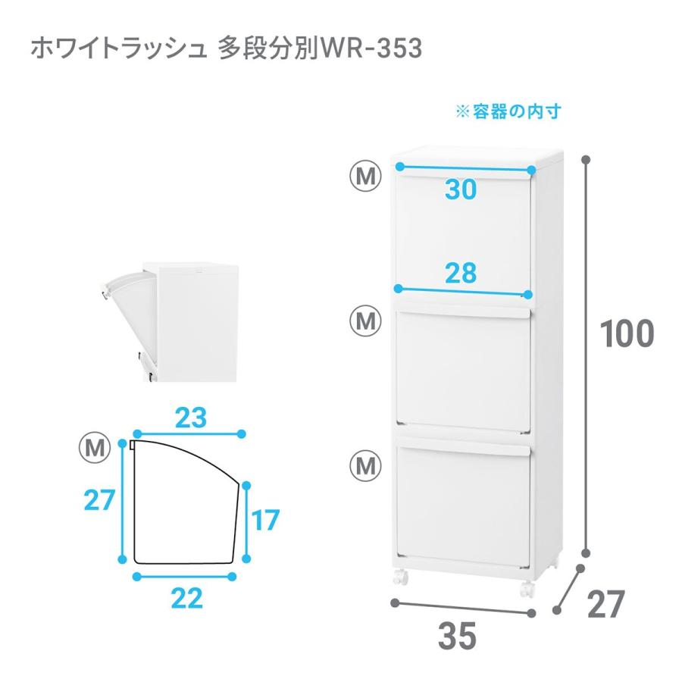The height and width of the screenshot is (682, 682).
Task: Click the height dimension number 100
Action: tap(627, 334)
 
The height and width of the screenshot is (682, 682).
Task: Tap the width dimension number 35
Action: tap(457, 637)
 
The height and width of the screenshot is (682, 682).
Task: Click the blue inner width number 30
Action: tap(461, 190)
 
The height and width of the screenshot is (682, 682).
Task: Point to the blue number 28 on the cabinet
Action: tap(461, 273)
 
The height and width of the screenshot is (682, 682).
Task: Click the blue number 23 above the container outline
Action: tap(191, 417)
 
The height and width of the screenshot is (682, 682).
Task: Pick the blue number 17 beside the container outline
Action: tap(265, 521)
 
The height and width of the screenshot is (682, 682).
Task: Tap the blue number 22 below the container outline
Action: tap(186, 599)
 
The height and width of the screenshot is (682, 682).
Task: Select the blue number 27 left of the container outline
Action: tap(99, 500)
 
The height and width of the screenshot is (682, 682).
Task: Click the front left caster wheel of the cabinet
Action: tap(400, 580)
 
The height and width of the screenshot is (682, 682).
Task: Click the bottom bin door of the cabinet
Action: tap(462, 504)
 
